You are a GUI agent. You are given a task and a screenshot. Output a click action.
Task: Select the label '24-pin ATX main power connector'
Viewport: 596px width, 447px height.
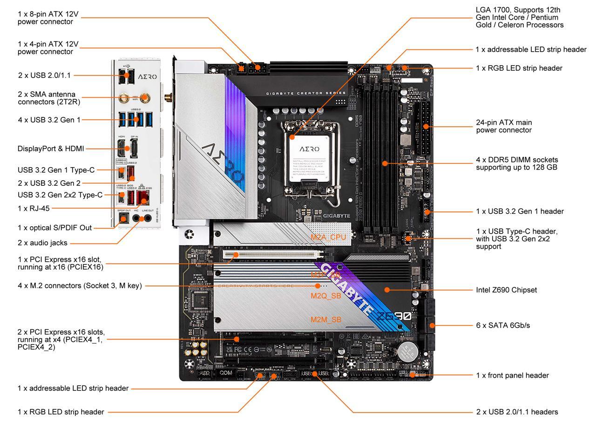pos(503,126)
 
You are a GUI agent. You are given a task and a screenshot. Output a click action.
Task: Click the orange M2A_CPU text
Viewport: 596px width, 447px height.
pos(328,237)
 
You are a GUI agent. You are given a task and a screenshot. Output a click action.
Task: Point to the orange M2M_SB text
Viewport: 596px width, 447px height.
pos(326,319)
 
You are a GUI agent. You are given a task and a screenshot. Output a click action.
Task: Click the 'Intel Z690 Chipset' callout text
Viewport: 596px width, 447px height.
pos(506,290)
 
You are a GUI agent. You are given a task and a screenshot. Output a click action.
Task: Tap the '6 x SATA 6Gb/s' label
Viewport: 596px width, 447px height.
pos(502,325)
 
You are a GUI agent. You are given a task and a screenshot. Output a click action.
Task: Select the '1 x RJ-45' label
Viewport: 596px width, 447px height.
pos(34,208)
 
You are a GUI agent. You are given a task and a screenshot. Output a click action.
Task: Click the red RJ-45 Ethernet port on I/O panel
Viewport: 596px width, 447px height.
pos(143,198)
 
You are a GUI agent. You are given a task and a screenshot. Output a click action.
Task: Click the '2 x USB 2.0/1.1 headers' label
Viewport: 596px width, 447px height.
pos(517,412)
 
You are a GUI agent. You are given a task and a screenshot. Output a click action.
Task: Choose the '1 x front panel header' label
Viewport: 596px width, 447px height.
pos(512,375)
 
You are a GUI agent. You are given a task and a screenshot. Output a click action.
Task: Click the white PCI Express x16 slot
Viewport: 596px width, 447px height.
pos(275,255)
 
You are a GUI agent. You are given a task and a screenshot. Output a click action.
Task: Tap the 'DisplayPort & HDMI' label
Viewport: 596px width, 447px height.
pos(51,149)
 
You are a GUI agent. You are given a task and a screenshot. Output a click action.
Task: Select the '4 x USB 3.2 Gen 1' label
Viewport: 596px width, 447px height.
pos(49,120)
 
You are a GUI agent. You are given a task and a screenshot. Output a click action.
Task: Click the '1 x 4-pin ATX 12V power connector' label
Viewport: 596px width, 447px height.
pos(48,47)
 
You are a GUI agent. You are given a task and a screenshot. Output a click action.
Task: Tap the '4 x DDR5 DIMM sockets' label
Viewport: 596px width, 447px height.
pos(516,163)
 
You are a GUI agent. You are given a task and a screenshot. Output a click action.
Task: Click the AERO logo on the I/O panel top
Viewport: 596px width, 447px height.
pos(147,76)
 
